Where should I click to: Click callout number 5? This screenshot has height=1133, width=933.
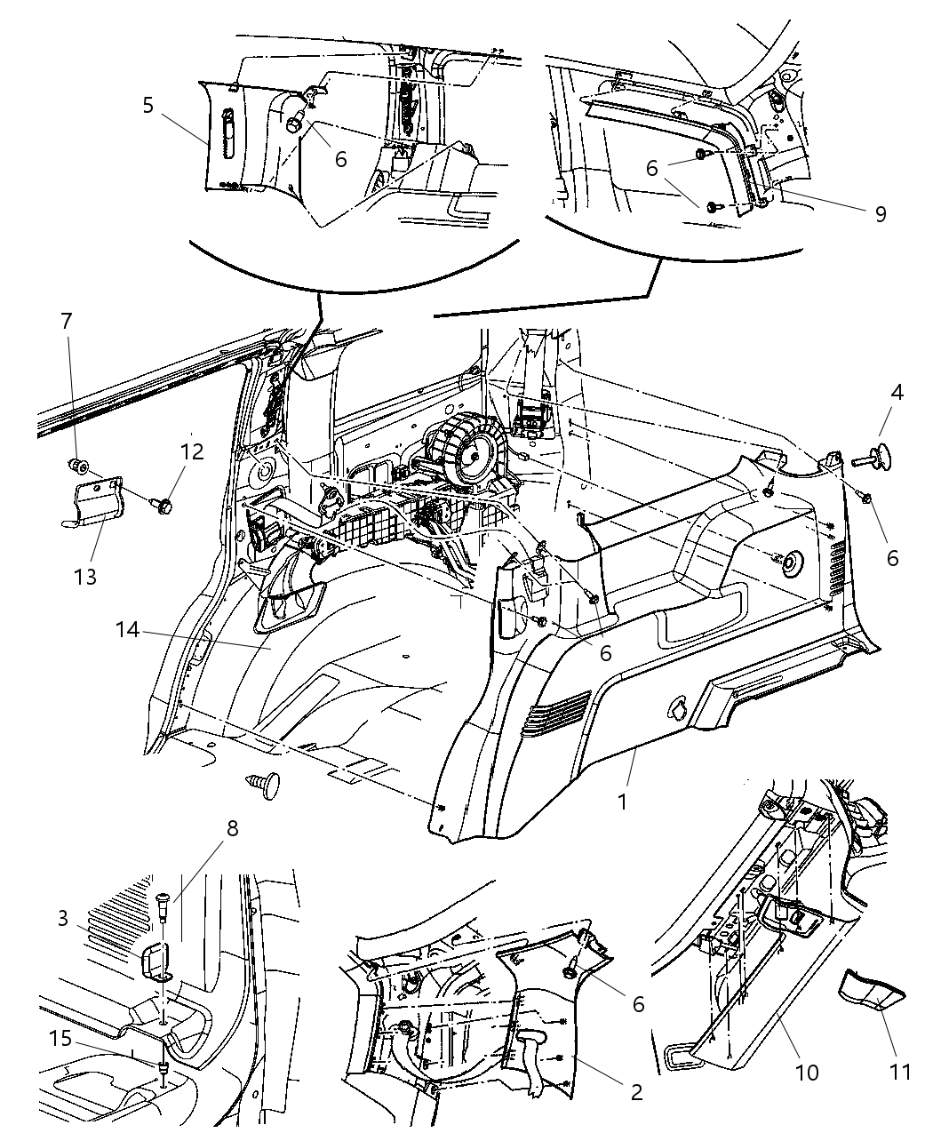point(148,106)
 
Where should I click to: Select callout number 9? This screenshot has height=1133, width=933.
point(880,215)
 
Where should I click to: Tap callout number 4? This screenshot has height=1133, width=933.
point(897,392)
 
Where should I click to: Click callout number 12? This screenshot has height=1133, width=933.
point(191,451)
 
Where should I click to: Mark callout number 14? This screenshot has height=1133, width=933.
point(128,630)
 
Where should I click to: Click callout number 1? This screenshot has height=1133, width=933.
point(623,802)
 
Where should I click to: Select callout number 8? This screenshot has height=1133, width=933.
point(231,828)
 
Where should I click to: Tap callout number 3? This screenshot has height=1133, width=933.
point(62,918)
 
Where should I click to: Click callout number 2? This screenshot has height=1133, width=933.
point(635,1092)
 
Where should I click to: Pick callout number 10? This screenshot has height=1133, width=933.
point(807,1073)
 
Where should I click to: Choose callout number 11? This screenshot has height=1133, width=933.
point(900,1073)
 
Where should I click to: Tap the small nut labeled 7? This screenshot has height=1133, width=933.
point(78,465)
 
